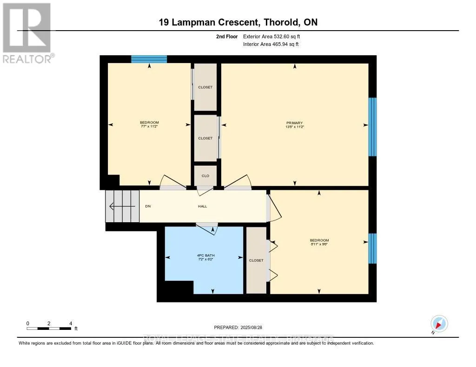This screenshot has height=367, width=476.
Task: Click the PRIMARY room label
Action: coord(295,122)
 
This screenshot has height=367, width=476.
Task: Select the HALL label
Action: coord(205,206)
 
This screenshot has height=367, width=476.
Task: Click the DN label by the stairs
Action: coord(148,206)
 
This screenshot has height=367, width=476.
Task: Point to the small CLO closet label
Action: coord(205,176)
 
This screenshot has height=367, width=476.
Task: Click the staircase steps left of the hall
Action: coord(122,206)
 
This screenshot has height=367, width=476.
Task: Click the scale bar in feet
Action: coord(49,328)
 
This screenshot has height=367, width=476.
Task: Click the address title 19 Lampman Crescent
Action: coord(238,22)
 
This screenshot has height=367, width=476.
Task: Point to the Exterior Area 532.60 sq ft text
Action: coord(275,36)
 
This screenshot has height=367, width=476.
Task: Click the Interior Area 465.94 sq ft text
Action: coord(271,44)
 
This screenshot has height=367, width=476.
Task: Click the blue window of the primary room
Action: coord(372,127)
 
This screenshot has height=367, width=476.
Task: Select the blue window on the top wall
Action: coord(149,59)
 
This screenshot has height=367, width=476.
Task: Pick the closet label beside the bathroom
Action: coord(256,260)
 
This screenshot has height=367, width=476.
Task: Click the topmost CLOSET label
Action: coord(205,87)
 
